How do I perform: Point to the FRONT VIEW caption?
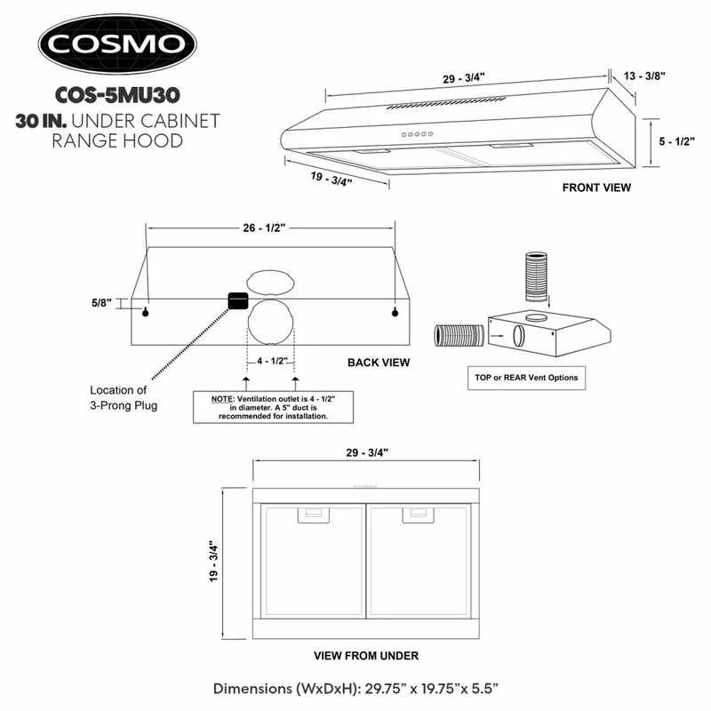click(x=596, y=188)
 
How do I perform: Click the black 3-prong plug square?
click(x=237, y=301)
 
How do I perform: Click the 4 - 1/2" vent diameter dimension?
click(x=270, y=362)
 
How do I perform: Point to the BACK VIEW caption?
click(x=379, y=363)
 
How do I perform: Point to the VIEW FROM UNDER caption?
click(x=366, y=656)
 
